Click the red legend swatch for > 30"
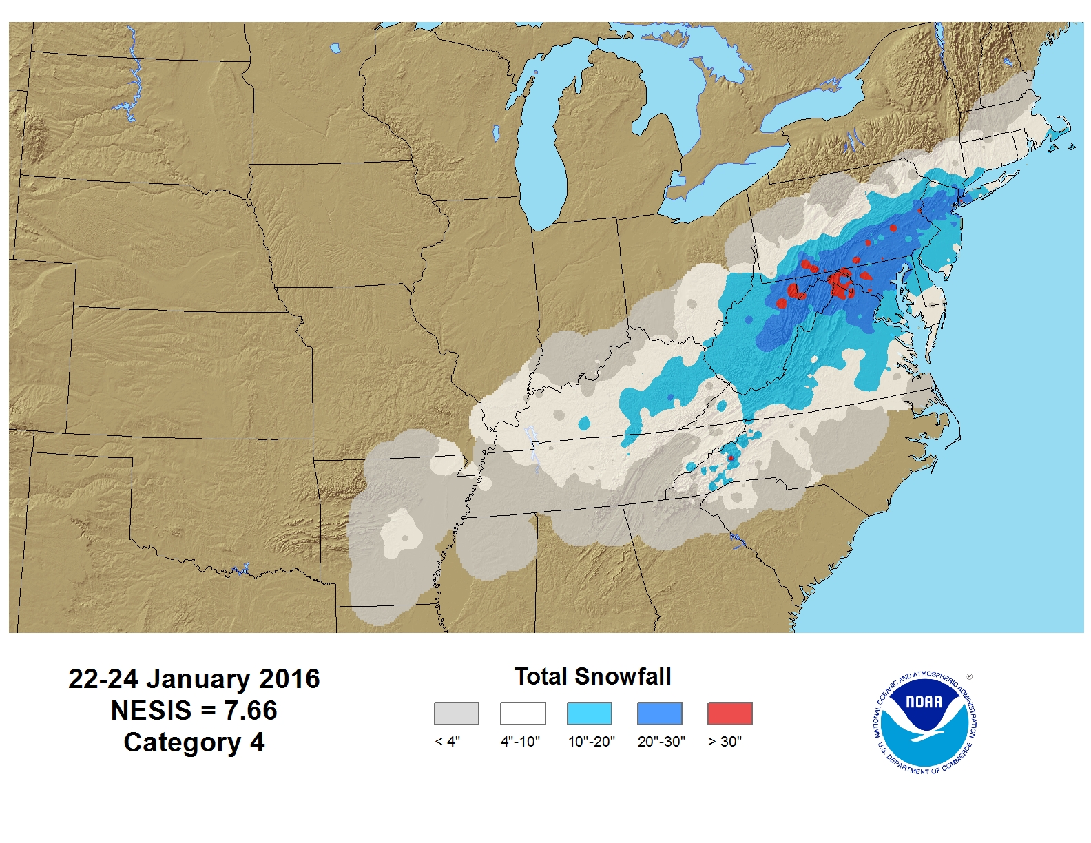coord(729,714)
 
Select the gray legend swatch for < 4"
coord(456,714)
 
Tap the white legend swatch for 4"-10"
coord(523,714)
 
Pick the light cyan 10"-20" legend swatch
coord(589,714)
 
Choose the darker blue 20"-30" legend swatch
coord(659,714)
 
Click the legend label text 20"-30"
coord(661,742)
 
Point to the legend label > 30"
coord(725,742)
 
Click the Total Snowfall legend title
coord(592,676)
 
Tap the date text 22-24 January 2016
coord(194,679)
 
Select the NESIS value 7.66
coord(251,711)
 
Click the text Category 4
coord(194,742)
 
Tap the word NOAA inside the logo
coord(924,702)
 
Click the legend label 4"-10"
coord(520,742)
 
